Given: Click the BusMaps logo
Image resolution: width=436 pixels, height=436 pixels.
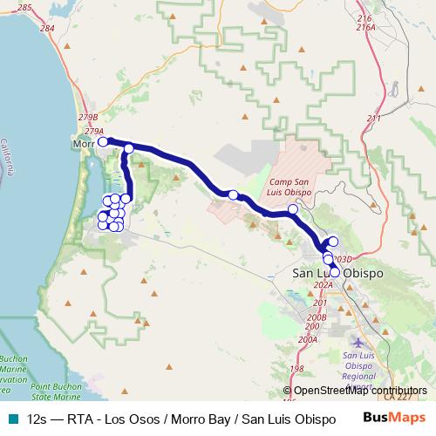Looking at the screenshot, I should tap(393, 419).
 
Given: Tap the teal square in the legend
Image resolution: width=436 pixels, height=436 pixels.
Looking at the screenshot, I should tap(11, 419).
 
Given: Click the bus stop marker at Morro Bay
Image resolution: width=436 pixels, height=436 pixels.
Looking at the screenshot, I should tap(102, 141).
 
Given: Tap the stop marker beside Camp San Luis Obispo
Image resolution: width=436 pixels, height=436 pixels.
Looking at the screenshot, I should tap(292, 209).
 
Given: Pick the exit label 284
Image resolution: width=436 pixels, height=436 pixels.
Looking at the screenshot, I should tap(46, 29).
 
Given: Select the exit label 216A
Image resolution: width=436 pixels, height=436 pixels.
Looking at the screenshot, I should tap(365, 28).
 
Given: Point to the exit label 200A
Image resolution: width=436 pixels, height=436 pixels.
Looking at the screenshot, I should tap(307, 339).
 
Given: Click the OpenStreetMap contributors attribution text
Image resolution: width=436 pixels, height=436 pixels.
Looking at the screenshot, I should tap(360, 391).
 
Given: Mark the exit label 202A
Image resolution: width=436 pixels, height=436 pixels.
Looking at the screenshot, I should tap(324, 284).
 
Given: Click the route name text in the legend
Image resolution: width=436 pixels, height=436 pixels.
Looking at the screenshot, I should tap(181, 419).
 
